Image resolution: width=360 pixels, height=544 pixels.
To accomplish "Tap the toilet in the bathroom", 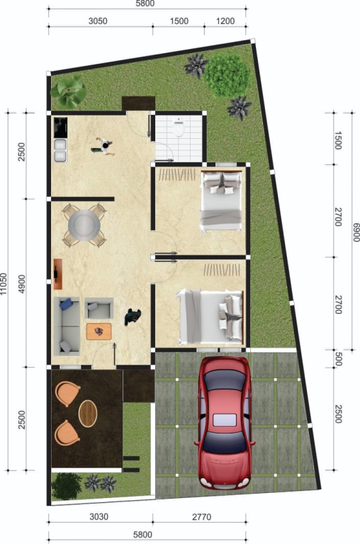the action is [x=179, y=127].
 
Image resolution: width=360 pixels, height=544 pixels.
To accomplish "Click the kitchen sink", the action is [x=60, y=150].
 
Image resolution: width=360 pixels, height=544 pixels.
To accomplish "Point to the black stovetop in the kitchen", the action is [x=60, y=127].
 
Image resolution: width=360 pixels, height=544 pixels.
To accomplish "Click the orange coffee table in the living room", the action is [x=99, y=331].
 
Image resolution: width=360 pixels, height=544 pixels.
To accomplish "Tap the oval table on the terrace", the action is [x=88, y=413].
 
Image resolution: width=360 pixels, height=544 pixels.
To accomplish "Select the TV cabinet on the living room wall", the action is [x=57, y=274].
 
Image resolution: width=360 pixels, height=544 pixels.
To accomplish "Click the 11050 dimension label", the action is [x=4, y=284].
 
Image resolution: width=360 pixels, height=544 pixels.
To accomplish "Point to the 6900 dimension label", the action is [x=356, y=232].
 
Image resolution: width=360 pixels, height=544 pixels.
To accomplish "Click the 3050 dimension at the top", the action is [x=98, y=21].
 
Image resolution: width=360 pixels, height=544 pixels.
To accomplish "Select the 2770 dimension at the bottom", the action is [x=202, y=517].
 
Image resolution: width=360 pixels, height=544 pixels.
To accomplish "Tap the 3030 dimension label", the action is [x=99, y=516].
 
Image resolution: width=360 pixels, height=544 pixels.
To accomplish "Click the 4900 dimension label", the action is [x=22, y=284].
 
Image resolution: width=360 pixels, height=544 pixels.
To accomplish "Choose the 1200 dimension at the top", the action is [x=225, y=21].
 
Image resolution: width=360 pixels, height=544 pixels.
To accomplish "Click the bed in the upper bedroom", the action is [x=221, y=200].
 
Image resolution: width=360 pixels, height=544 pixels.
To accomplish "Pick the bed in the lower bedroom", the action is [x=210, y=317].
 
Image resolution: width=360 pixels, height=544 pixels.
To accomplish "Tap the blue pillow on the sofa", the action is [x=66, y=305].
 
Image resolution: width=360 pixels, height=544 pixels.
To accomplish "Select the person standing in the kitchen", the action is [x=103, y=147].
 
